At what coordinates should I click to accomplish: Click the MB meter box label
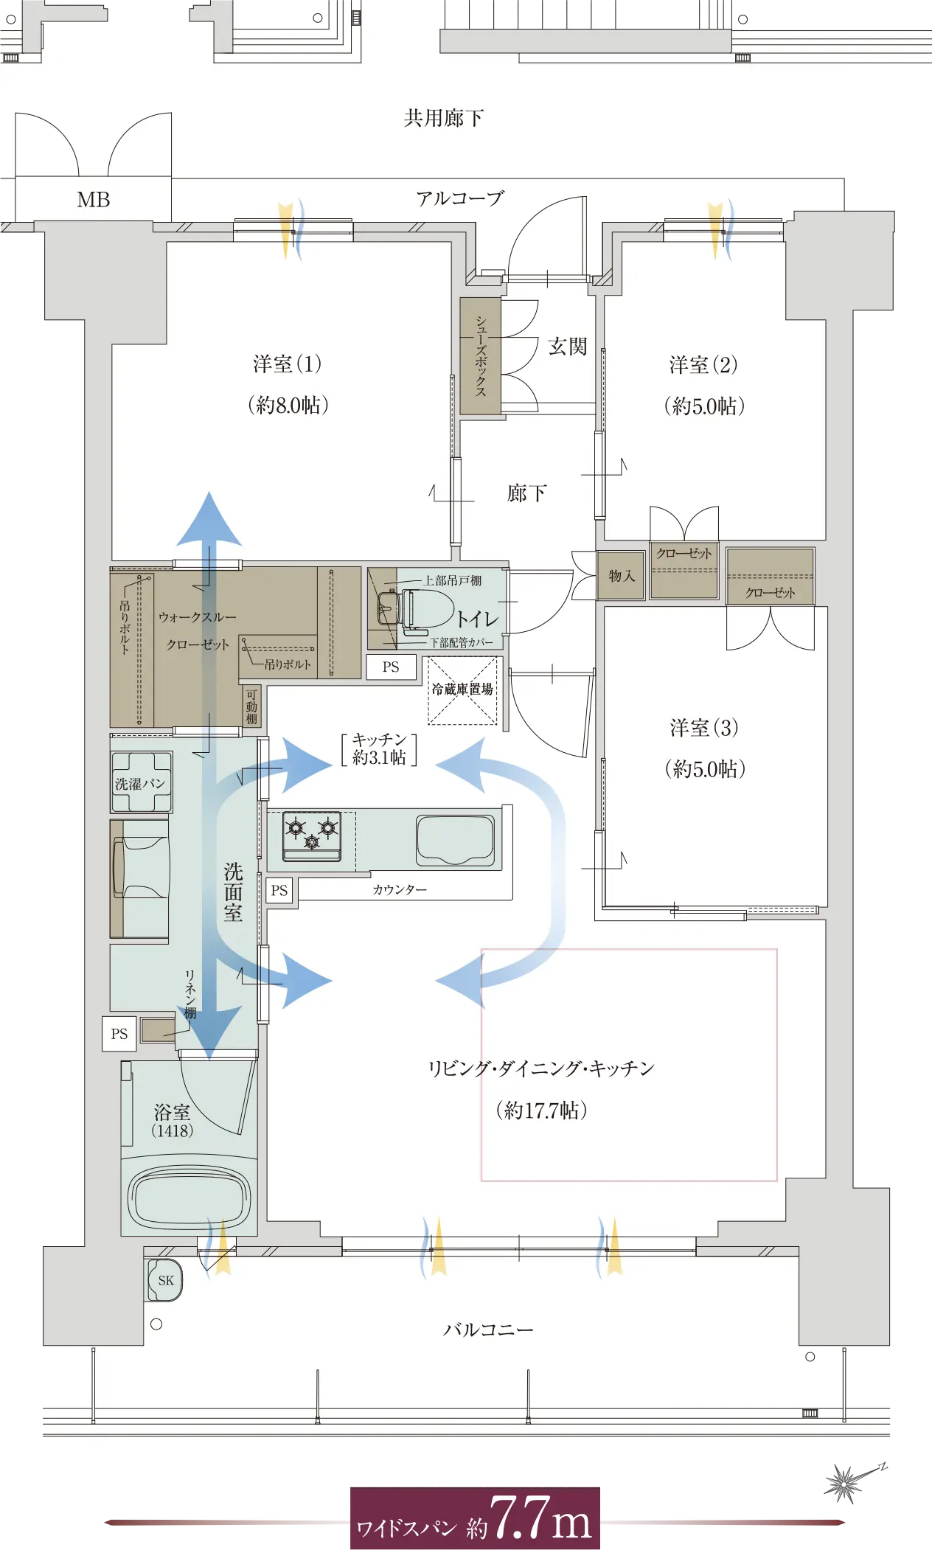pos(94,200)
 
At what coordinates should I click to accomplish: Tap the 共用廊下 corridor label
pos(443,118)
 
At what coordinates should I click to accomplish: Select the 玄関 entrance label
pos(567,346)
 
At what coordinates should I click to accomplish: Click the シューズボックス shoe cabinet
pos(480,356)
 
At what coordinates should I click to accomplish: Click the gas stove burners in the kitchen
pos(312,836)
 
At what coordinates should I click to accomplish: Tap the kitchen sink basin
pos(455,840)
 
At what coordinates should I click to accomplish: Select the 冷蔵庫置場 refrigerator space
pos(462,689)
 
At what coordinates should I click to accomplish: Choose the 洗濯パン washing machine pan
pos(140,782)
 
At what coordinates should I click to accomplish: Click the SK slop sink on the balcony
pos(164,1280)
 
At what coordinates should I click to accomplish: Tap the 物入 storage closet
pos(622,576)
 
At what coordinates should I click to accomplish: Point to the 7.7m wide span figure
pos(540,1518)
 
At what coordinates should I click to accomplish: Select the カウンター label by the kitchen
pos(400,890)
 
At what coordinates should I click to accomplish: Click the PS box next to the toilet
pos(391,667)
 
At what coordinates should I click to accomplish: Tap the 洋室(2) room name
pos(703,364)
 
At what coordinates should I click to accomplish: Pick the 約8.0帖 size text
pos(288,405)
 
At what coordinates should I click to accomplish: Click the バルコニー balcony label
pos(487,1330)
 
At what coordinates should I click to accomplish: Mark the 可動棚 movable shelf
pos(251,706)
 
